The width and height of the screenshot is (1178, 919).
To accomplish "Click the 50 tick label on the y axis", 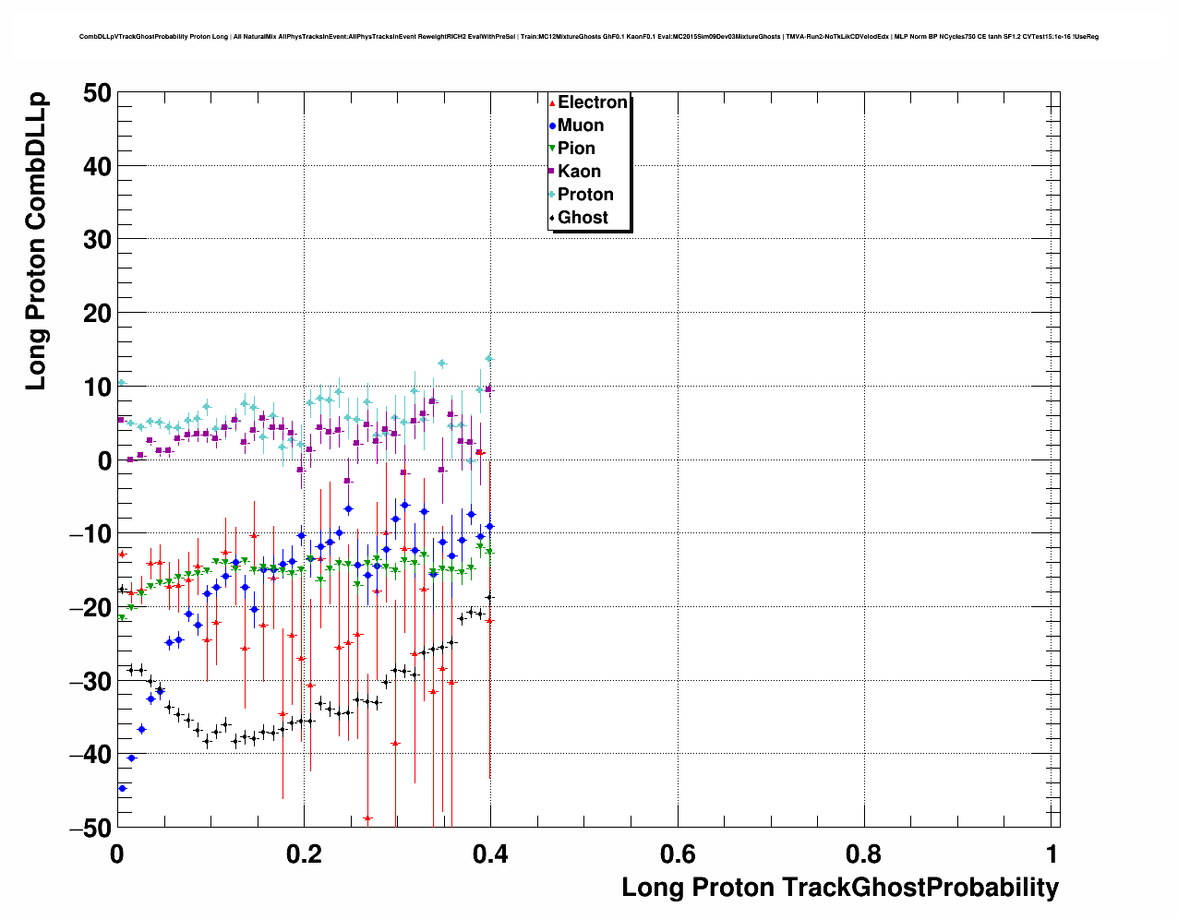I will click(95, 93).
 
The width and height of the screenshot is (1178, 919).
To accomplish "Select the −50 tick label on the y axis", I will click(90, 828).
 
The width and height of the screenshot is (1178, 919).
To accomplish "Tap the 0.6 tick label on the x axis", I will click(679, 854).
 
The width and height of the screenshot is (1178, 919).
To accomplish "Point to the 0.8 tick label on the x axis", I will click(865, 854).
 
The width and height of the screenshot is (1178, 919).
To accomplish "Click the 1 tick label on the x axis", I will click(1052, 854).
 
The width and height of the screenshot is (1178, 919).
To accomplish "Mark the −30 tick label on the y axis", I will click(90, 681).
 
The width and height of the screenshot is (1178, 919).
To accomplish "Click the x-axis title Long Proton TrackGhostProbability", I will click(839, 888).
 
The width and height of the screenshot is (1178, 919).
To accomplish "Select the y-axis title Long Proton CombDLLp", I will click(36, 240).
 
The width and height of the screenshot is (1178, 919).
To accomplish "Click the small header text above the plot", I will click(588, 37).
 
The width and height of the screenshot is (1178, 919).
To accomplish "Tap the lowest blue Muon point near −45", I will click(122, 788).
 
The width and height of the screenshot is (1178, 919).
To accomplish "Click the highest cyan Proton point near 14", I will click(489, 359).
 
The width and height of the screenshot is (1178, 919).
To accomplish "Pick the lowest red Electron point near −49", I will click(367, 818).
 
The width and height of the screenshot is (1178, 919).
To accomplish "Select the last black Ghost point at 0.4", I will click(489, 598).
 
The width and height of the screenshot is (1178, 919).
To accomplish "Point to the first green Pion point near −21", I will click(121, 617).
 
